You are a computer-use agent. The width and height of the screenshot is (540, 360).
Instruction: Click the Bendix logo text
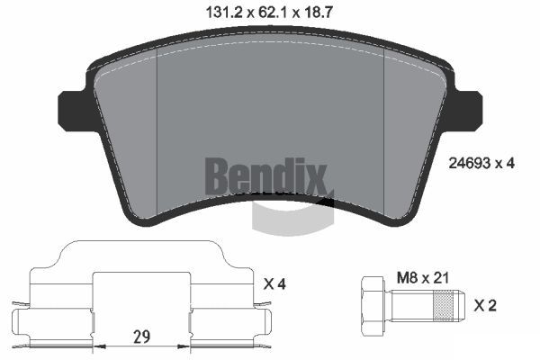(265, 176)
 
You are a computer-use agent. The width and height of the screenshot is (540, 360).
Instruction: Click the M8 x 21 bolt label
(423, 278)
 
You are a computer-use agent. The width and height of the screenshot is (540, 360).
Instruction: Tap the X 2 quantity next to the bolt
(485, 306)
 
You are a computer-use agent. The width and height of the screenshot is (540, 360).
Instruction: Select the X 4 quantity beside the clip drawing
(274, 283)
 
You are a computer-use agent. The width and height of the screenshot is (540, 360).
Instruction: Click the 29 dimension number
(142, 337)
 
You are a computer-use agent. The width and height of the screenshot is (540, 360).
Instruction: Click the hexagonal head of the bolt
(373, 306)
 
